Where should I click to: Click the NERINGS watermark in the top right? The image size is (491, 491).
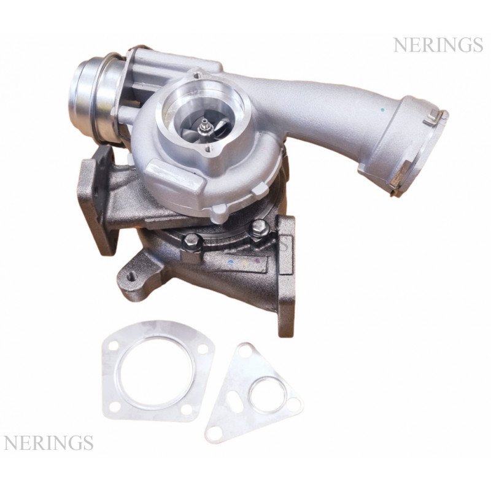coord(438,45)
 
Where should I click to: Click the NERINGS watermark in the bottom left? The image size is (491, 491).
coord(48,443)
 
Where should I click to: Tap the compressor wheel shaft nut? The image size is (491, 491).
coord(206,126)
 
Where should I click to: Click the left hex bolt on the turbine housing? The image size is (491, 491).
coord(190,241)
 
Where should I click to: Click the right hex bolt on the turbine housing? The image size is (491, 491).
coord(258,225)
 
